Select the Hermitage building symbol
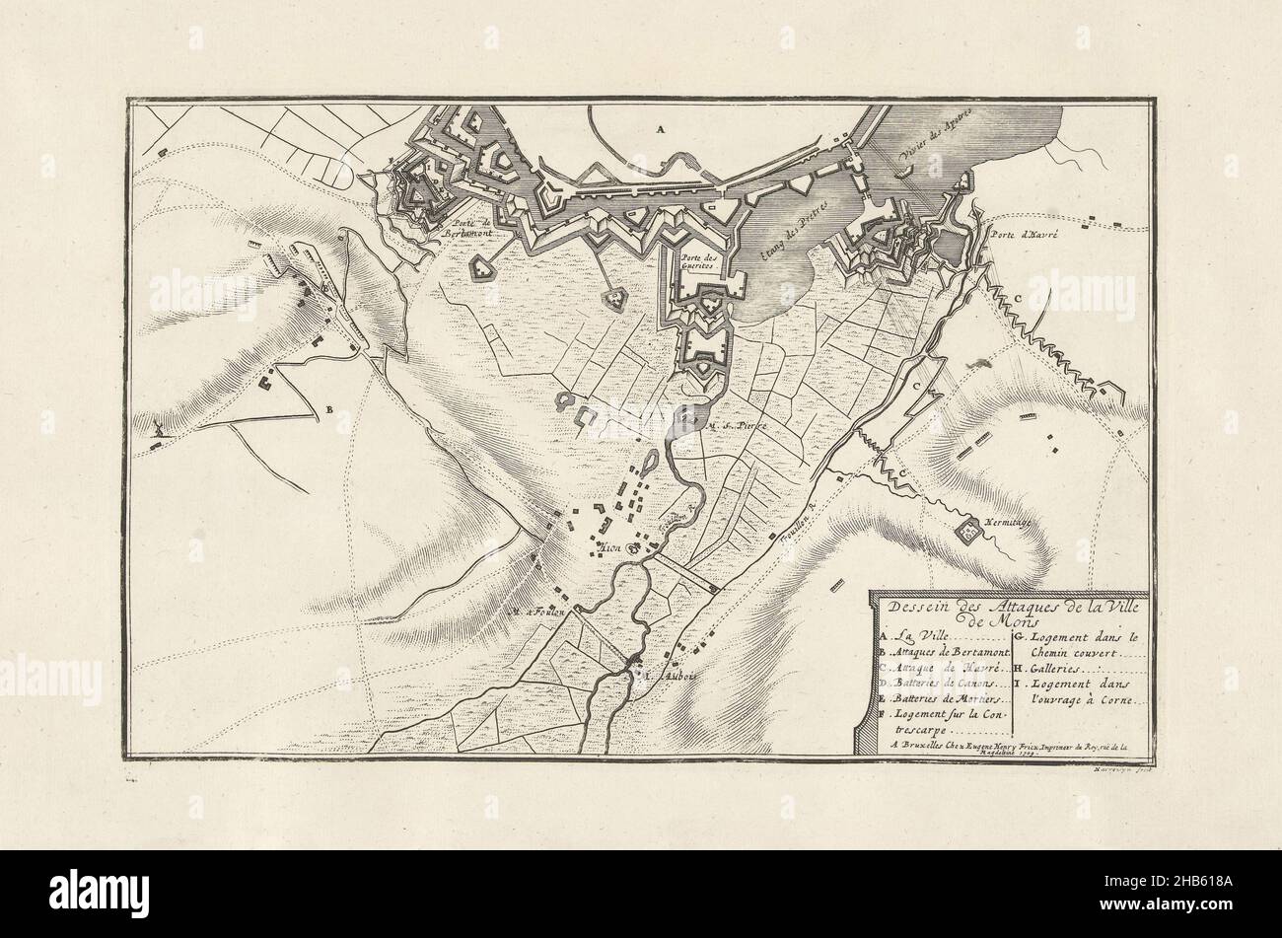(x=969, y=531)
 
